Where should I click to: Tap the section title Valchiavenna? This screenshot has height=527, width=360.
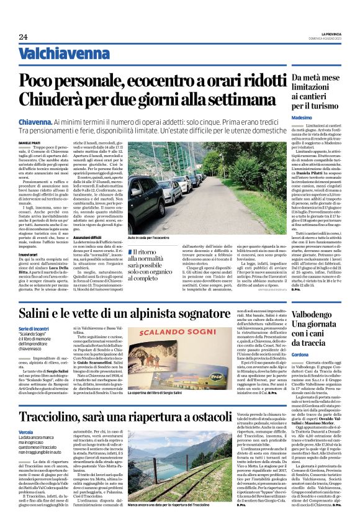coord(58,54)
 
